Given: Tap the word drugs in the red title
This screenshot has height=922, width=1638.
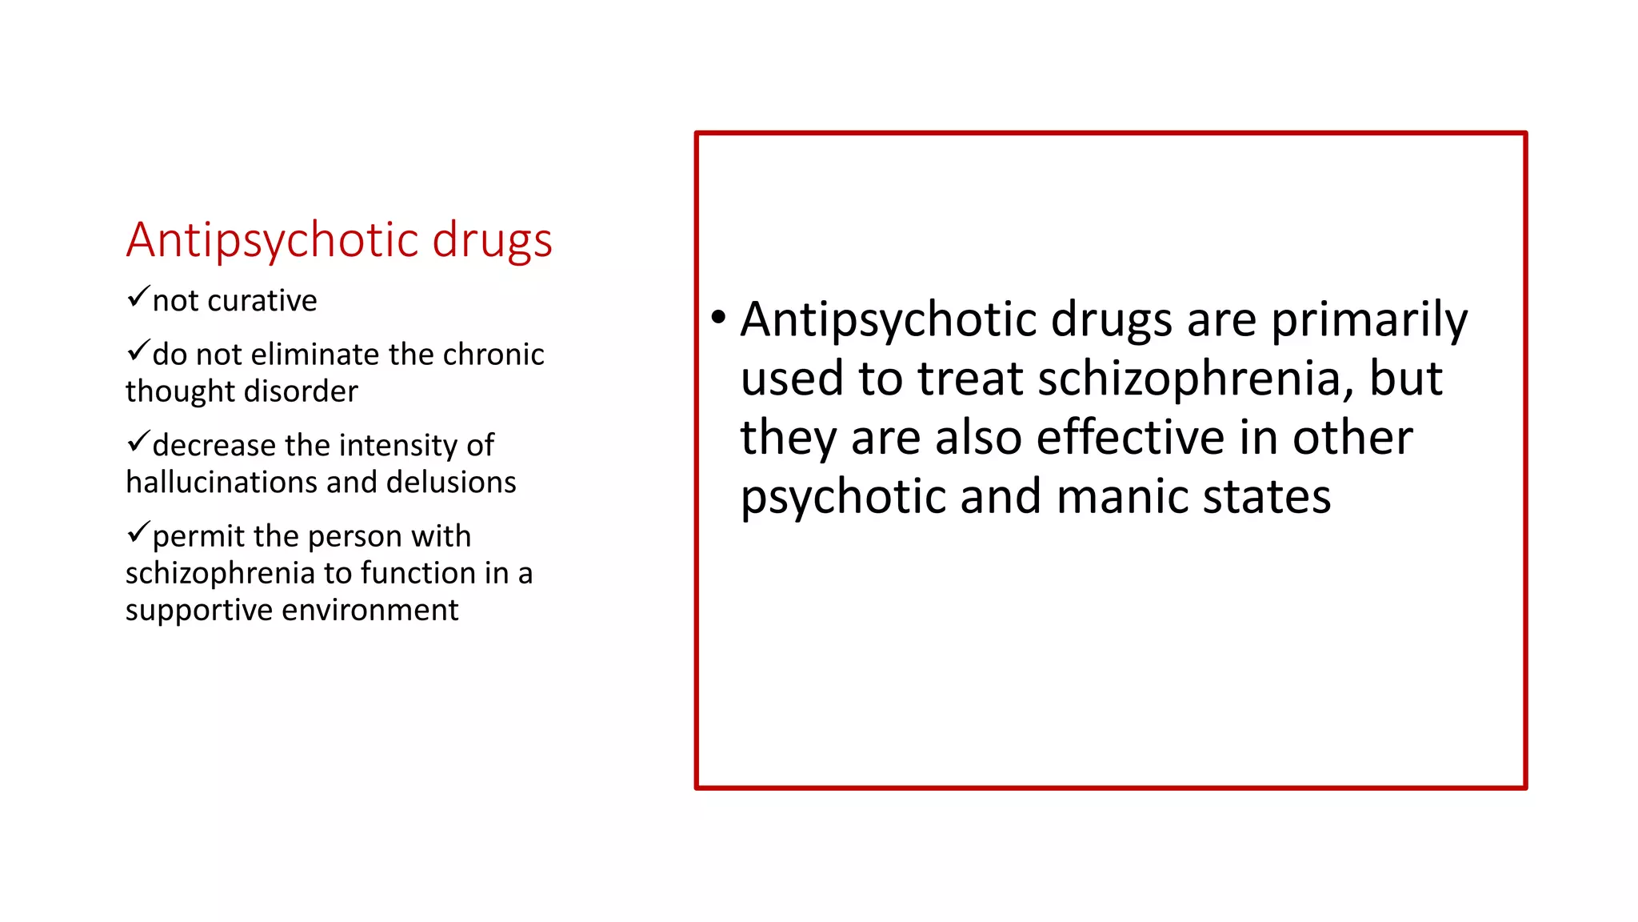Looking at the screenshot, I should tap(492, 240).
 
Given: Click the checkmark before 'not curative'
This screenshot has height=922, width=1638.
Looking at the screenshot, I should tap(138, 297).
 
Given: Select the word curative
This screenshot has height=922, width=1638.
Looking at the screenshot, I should tap(262, 301).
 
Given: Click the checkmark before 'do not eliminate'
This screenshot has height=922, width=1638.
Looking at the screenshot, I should tap(138, 351).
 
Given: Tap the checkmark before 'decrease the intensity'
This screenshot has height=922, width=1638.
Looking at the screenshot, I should tap(138, 441).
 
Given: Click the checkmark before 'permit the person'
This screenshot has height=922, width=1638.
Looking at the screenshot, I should tap(138, 531).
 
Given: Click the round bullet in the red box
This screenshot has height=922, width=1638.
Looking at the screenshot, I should tap(718, 317).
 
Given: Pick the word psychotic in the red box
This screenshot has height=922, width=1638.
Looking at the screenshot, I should tap(843, 499).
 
